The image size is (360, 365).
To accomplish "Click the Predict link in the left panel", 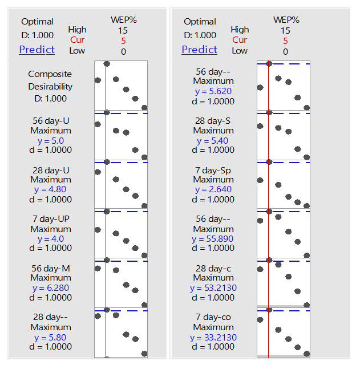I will tap(37, 50).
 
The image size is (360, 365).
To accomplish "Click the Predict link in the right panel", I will tap(199, 50).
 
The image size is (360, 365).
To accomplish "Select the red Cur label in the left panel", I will tap(77, 40).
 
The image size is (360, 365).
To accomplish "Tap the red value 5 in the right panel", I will tap(285, 40).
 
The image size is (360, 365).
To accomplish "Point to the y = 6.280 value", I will tap(51, 288).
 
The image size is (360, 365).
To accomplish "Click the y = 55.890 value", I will tap(213, 239).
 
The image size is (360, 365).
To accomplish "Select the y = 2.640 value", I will tap(213, 189).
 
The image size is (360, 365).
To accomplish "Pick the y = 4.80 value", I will tap(51, 189).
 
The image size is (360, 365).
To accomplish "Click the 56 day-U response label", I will tap(51, 120).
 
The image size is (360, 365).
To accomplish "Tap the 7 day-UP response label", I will tap(51, 219).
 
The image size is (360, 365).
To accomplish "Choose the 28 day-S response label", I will tap(213, 120).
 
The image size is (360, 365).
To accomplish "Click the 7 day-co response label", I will tap(213, 317).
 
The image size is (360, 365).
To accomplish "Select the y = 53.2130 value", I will tap(213, 288).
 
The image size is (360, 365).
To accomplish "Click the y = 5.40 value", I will tap(213, 140).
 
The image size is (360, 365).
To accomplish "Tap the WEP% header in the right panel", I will tap(286, 20).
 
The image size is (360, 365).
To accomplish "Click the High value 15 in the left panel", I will tap(123, 30).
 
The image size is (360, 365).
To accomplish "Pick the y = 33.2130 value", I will tap(213, 337).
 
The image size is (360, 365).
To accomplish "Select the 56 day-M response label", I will tap(51, 268).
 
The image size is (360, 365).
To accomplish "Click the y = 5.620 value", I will tap(213, 91).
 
